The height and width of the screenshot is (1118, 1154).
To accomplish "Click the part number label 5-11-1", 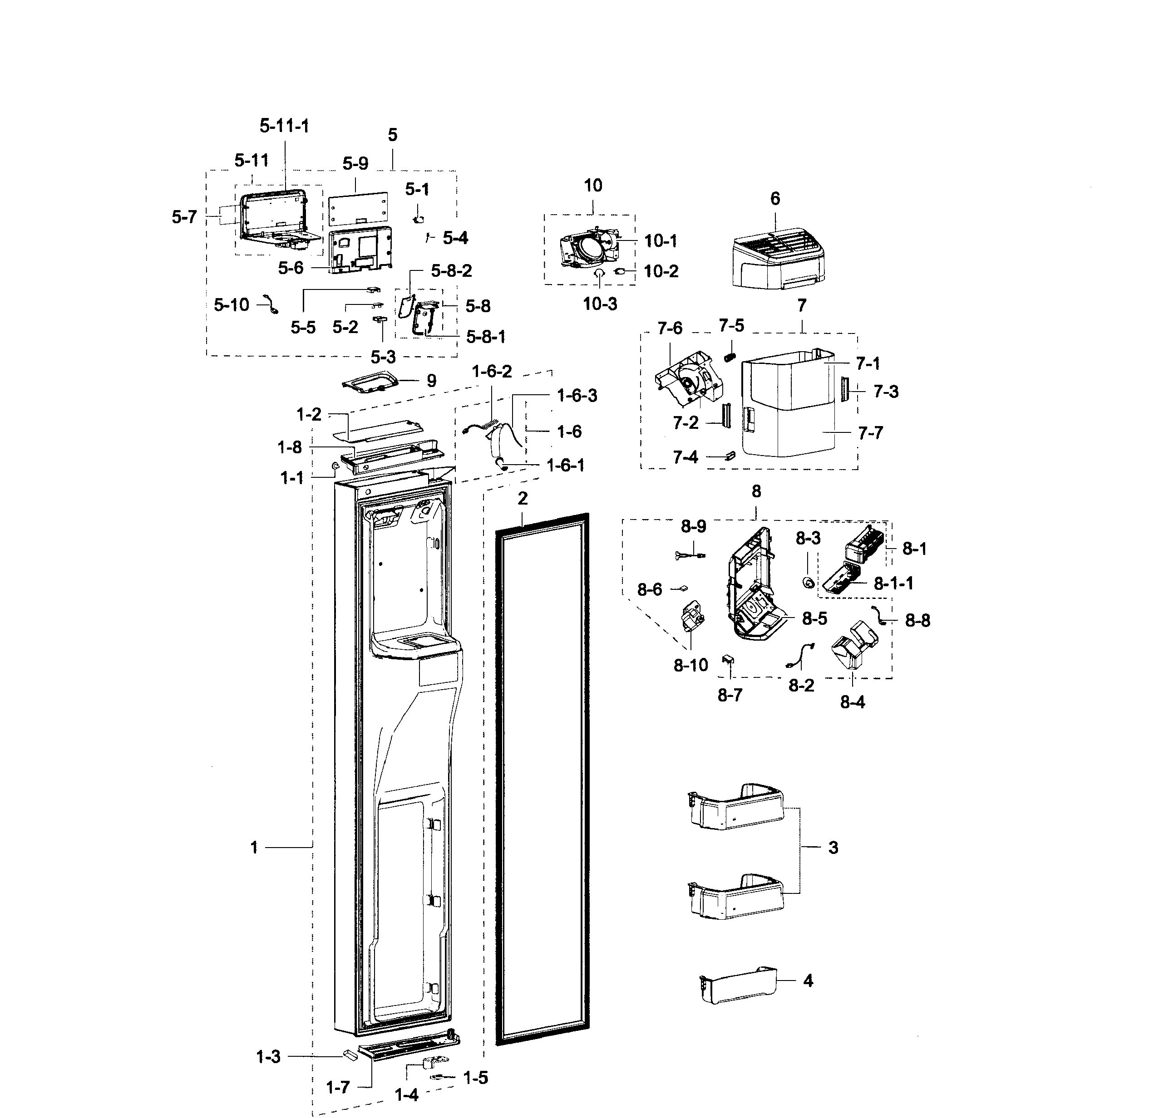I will coord(284,126).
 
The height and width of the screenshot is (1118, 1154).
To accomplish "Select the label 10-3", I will coord(600,304).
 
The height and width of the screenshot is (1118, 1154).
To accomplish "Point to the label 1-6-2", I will coord(492,371).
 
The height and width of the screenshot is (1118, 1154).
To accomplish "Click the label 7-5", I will coord(731,325).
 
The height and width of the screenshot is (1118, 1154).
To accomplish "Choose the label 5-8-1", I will coord(486,337).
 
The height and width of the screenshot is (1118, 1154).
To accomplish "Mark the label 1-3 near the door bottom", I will coord(268,1057).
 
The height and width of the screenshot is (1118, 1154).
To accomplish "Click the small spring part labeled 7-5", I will coord(730,356).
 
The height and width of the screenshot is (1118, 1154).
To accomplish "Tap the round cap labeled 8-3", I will coord(809,583).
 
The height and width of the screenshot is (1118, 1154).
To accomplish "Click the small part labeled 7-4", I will coord(730,455).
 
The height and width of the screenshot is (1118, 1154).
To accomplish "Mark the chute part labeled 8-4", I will coord(854,645).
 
